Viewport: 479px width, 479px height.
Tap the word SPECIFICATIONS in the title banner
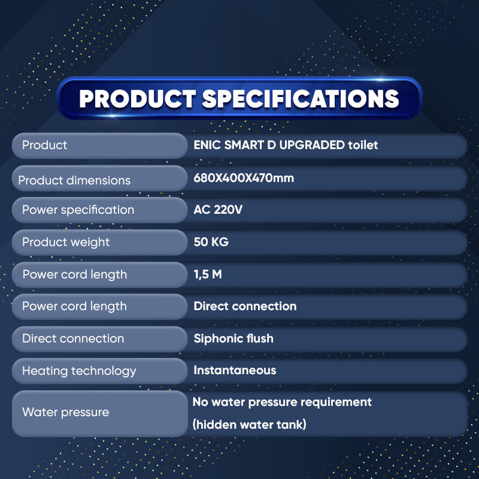[x=301, y=99]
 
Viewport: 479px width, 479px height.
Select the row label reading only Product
[x=44, y=145]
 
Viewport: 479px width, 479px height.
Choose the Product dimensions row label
[x=74, y=180]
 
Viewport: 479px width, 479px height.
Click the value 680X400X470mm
[x=244, y=178]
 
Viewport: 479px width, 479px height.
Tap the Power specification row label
[x=78, y=210]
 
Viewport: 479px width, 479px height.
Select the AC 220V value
[x=218, y=210]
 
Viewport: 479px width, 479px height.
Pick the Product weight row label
[x=66, y=242]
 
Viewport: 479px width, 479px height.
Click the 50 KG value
[x=211, y=242]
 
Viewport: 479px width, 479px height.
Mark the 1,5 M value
[x=208, y=274]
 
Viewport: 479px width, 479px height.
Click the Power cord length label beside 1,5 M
[x=75, y=275]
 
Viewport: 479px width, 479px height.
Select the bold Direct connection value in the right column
[x=245, y=306]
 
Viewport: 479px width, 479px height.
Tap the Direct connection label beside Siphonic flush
[x=73, y=338]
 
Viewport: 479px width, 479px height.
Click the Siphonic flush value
[x=234, y=338]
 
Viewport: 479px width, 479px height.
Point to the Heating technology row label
[x=79, y=371]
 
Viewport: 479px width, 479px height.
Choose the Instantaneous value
[x=235, y=370]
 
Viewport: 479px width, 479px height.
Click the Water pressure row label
[x=66, y=413]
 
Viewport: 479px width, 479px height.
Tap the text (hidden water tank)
[x=249, y=425]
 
